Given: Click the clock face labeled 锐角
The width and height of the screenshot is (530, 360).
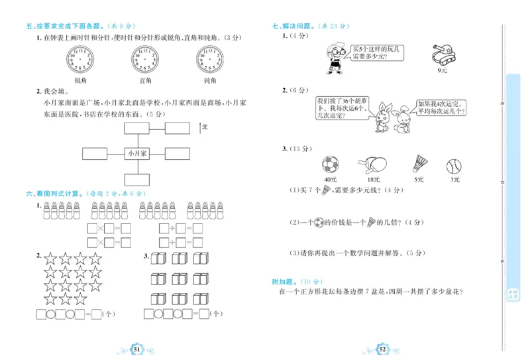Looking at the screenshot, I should click(x=80, y=61).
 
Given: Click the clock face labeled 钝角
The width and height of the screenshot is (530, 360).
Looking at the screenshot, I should click(x=210, y=61).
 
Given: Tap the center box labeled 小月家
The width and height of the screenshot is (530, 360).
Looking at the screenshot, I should click(x=138, y=153).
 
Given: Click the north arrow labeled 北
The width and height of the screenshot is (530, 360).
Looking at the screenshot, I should click(x=200, y=127).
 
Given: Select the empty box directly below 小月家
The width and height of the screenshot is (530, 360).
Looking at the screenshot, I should click(x=138, y=179).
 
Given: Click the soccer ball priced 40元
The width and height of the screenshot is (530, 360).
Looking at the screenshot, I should click(x=330, y=164).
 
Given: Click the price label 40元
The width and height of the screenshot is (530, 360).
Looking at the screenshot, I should click(x=330, y=179).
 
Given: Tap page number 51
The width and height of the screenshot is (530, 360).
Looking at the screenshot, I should click(x=136, y=349).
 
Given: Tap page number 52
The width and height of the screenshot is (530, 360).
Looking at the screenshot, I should click(x=382, y=349).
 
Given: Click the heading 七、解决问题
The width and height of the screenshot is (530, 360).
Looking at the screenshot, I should click(x=293, y=26).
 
